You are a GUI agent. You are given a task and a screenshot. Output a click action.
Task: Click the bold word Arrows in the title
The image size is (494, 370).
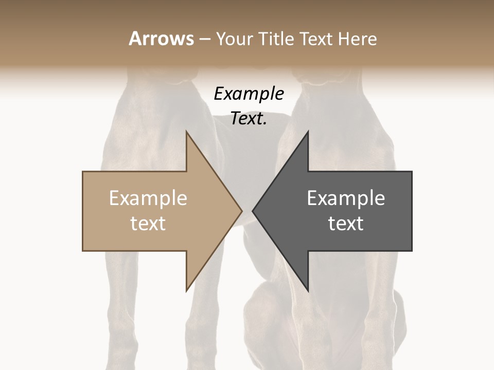(x=161, y=39)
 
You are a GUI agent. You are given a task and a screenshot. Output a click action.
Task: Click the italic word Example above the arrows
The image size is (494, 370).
(x=249, y=94)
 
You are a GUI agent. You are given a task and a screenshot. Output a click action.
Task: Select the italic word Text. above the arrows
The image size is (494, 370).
(x=249, y=119)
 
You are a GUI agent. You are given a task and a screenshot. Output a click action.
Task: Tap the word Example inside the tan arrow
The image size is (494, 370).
(x=148, y=198)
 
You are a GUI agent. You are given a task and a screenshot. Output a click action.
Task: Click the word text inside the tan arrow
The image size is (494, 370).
(x=148, y=224)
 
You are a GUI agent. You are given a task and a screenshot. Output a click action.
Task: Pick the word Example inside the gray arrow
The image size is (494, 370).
(x=346, y=198)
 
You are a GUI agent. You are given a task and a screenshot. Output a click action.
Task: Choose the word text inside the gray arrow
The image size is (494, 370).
(x=346, y=224)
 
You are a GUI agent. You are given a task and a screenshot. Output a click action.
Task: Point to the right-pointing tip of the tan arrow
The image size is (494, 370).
(x=242, y=211)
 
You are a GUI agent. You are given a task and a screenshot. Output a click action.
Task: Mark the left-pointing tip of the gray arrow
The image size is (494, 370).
(x=252, y=211)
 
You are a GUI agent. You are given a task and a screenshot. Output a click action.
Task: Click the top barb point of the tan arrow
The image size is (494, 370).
(x=186, y=131)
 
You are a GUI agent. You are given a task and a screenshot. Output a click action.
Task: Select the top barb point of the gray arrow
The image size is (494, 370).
(x=308, y=131)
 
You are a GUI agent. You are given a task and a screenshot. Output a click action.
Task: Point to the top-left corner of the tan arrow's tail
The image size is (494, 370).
(x=83, y=172)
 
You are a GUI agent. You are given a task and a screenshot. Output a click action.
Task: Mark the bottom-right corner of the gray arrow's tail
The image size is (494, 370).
(x=412, y=251)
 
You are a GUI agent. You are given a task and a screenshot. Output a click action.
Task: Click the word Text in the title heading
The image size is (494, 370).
(x=315, y=39)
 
